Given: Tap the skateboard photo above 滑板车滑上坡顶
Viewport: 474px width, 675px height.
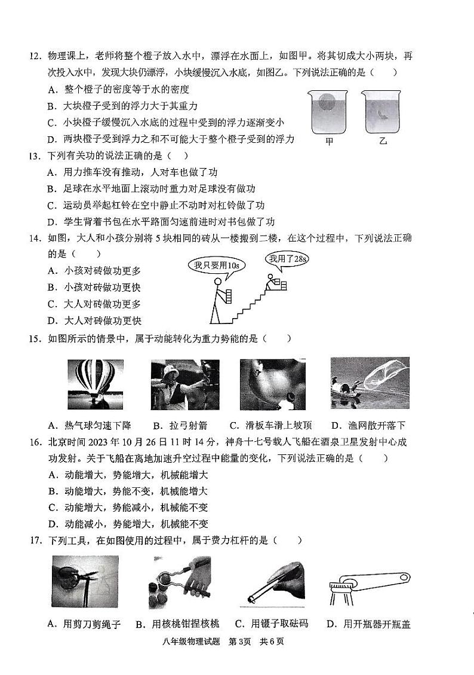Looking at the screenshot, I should click(272, 384).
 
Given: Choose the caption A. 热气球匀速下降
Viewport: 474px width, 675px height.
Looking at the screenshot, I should click(90, 426).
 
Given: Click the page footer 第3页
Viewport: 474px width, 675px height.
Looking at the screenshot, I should click(241, 642).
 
